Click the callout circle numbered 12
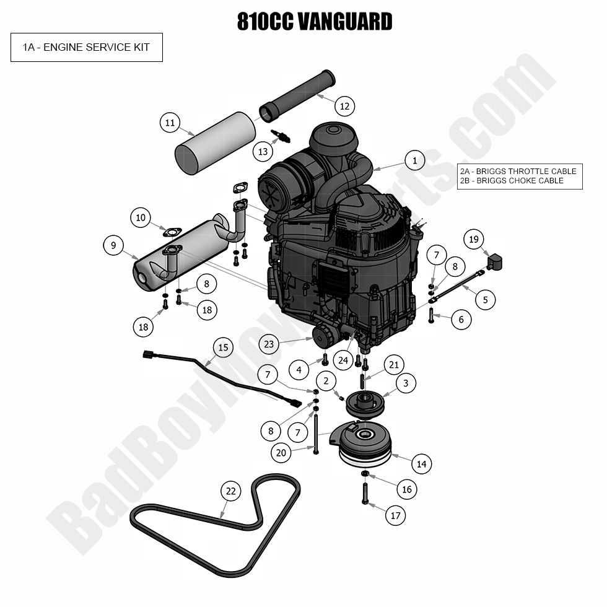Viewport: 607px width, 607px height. click(x=345, y=106)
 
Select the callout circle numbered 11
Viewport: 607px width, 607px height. click(x=170, y=123)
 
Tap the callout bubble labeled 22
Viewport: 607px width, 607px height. click(x=230, y=491)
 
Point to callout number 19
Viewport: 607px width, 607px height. click(x=474, y=239)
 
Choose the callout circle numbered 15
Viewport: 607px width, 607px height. click(x=223, y=347)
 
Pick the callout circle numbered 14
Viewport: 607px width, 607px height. click(x=421, y=463)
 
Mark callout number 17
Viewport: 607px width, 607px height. click(x=395, y=515)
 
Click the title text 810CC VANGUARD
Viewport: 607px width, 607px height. click(x=314, y=22)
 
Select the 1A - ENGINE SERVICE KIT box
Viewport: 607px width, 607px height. click(x=87, y=47)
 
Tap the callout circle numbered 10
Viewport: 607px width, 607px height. click(x=141, y=217)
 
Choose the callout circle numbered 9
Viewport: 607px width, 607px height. click(x=113, y=245)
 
